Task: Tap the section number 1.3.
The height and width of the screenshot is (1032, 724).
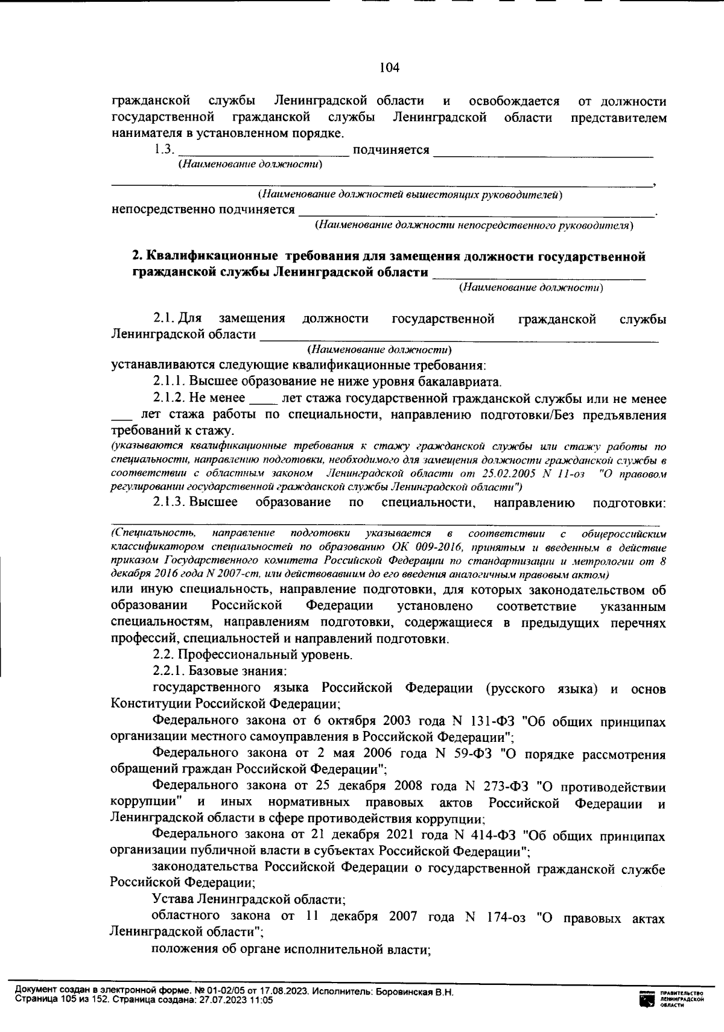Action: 164,150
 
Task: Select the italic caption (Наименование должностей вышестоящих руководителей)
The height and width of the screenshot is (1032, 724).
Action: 410,195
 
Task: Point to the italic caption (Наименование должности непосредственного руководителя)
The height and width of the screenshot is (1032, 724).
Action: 474,226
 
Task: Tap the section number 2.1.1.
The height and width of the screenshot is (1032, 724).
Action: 170,381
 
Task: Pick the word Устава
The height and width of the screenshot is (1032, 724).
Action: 172,899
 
